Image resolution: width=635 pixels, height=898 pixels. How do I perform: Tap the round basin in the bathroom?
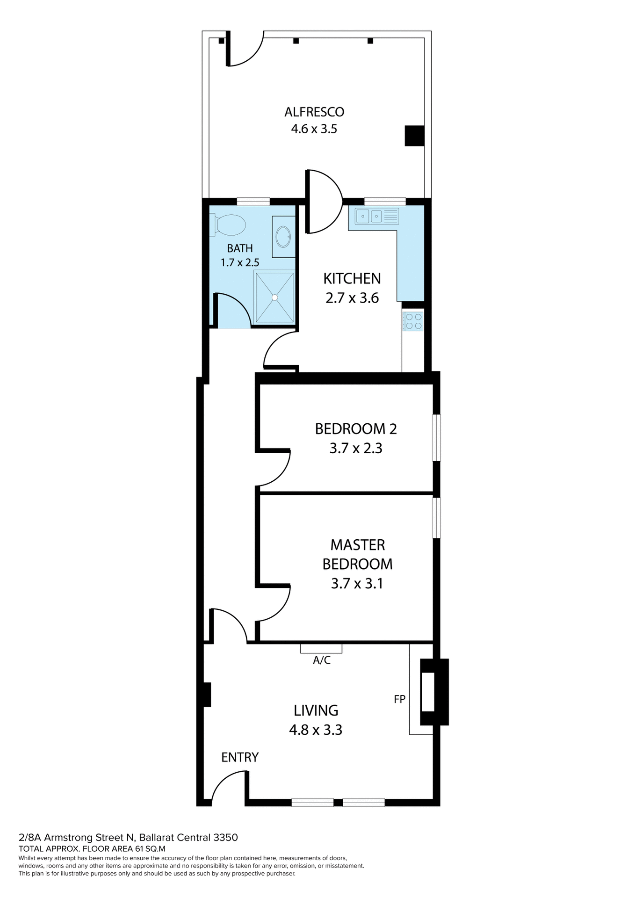(283, 237)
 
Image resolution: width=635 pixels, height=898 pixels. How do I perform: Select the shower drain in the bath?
(275, 297)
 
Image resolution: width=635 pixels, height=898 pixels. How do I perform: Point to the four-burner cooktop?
(413, 321)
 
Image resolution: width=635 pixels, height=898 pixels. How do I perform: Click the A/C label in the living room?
(322, 660)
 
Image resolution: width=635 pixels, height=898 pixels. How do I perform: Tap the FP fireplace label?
(399, 699)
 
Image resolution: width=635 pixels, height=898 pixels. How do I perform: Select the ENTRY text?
(239, 757)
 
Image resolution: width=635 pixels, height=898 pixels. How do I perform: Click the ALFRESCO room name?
(314, 112)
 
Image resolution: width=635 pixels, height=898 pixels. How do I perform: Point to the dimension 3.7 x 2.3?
(356, 449)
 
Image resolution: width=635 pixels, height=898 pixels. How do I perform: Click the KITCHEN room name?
(352, 278)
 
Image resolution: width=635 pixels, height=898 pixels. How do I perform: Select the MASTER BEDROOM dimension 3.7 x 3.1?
(357, 584)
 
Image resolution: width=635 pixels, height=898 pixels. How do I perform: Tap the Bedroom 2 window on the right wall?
(436, 438)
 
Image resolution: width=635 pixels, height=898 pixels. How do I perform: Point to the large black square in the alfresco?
(414, 136)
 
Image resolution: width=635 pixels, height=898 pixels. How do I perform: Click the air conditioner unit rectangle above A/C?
(321, 648)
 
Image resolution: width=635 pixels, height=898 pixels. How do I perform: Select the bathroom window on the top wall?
(253, 202)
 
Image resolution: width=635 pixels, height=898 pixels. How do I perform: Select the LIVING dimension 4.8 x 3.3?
(316, 730)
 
